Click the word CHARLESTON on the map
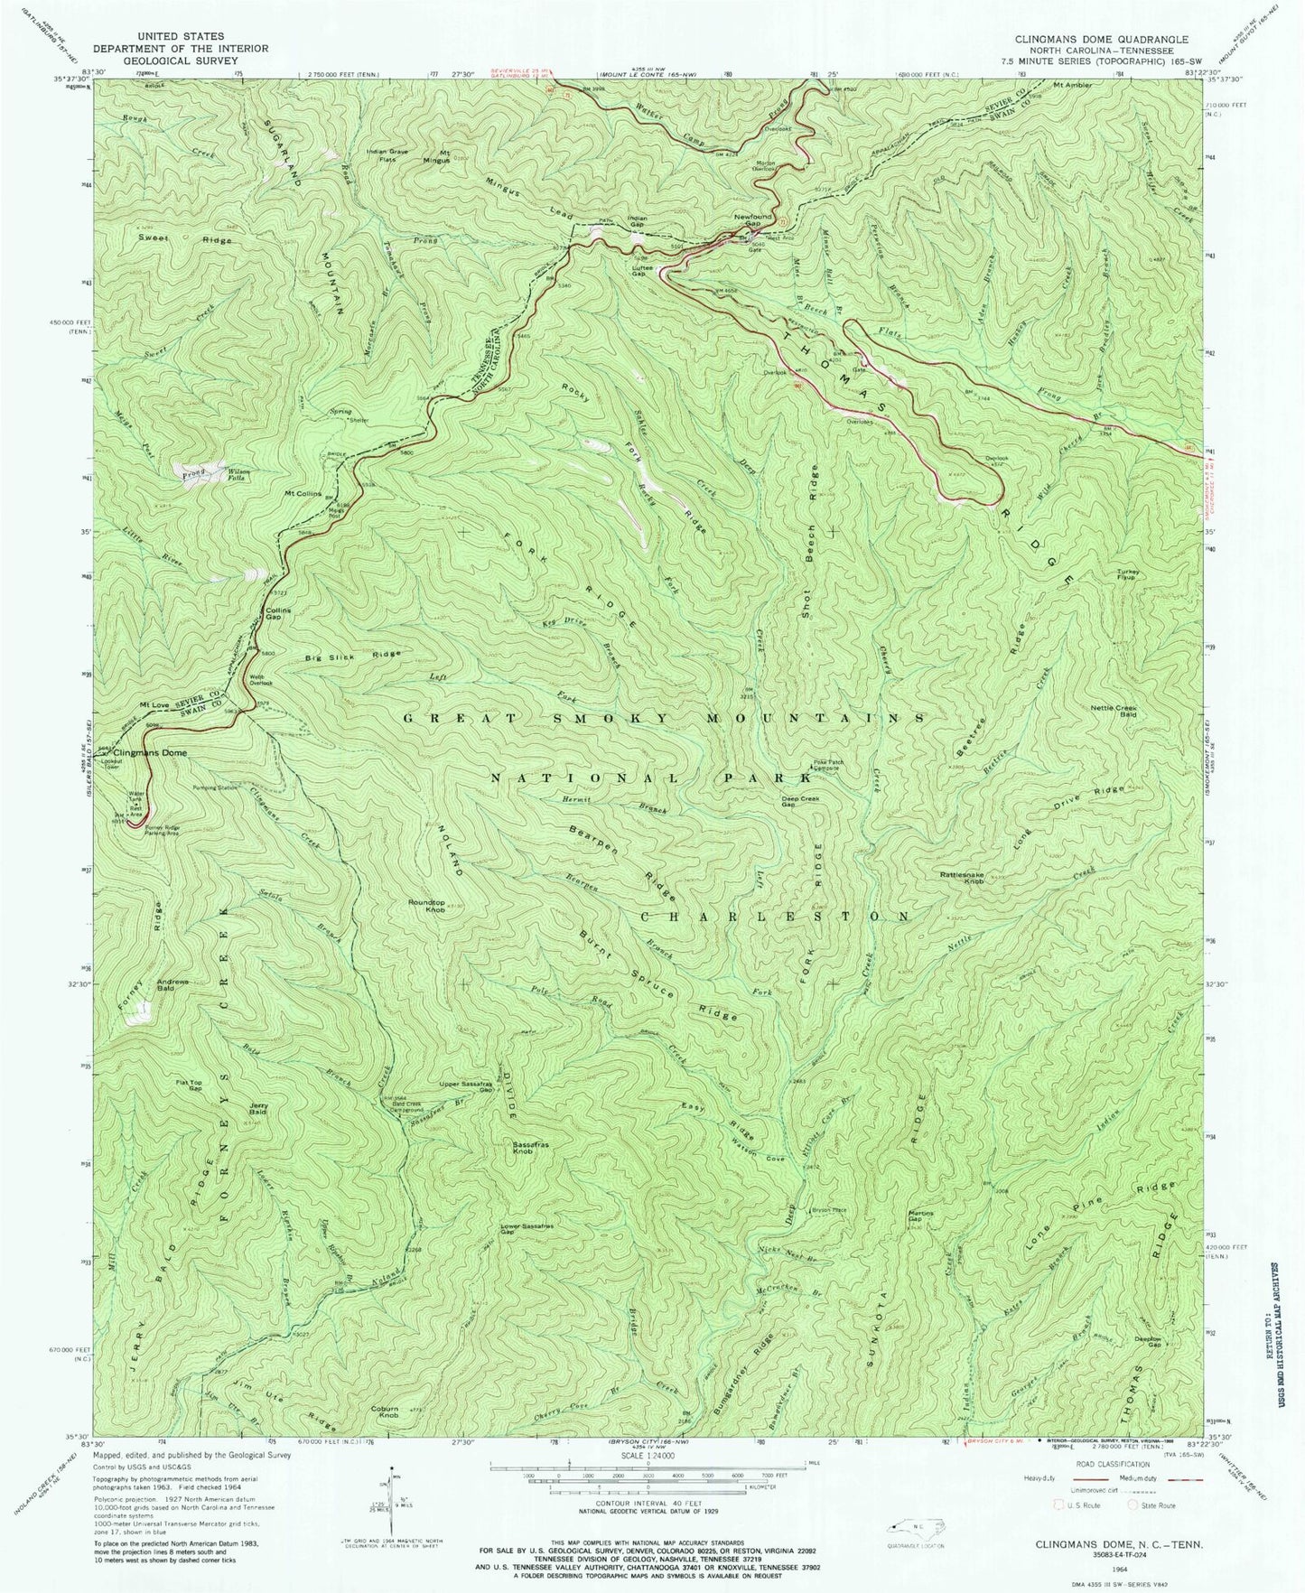click(774, 915)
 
